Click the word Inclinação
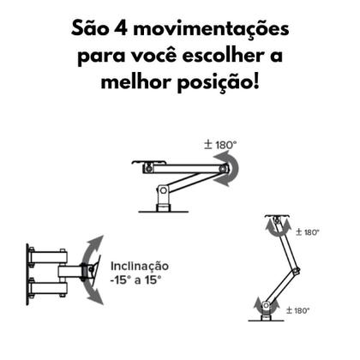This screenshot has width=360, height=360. [141, 267]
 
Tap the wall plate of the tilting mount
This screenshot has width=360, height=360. [30, 273]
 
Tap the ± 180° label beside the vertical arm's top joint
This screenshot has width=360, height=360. [307, 231]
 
